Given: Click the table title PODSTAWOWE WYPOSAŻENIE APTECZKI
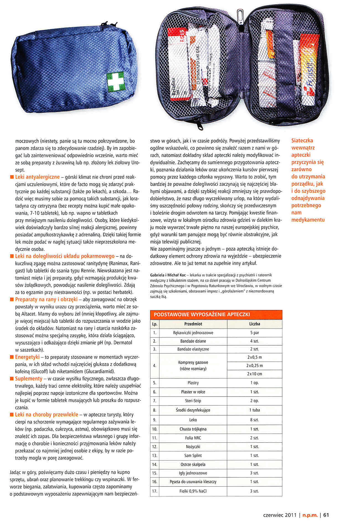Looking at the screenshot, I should (202, 314).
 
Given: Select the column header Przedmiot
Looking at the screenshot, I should (193, 324).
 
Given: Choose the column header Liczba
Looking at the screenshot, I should (254, 324).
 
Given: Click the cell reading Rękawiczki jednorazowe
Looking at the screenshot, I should (193, 333).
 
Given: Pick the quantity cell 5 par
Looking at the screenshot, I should (254, 333).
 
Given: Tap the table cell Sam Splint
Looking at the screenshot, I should (193, 455).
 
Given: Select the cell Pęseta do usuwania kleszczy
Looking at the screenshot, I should (193, 482).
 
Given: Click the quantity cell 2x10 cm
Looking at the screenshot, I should (254, 374).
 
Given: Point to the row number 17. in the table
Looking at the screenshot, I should (155, 491).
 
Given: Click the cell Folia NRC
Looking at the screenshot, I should (193, 438).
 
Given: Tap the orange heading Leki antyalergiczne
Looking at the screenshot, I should (37, 177).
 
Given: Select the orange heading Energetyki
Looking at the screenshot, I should (27, 357).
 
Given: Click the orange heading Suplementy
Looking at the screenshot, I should (29, 379).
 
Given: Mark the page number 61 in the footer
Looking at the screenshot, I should (326, 515).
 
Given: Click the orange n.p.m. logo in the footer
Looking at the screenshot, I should (310, 515).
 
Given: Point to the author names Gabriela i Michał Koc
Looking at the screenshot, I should (168, 275).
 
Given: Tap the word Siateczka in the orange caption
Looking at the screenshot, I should (302, 141).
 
